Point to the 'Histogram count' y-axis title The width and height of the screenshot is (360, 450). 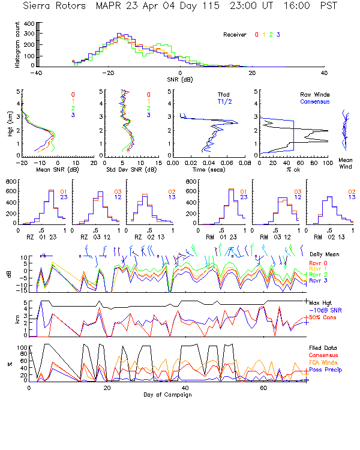pyautogui.click(x=18, y=44)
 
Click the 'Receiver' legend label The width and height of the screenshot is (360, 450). pyautogui.click(x=235, y=35)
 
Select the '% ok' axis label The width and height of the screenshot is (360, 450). pyautogui.click(x=293, y=170)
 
